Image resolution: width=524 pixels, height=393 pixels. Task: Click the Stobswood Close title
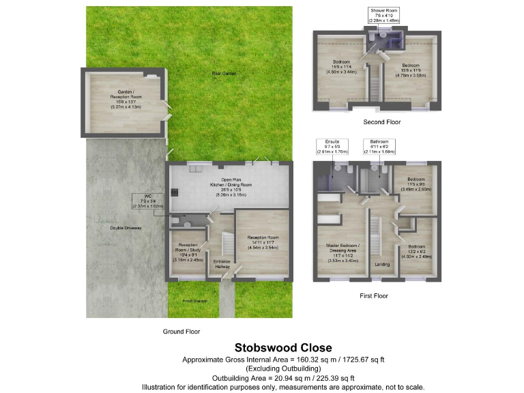[283, 347]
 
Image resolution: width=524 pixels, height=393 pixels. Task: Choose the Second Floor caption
[381, 122]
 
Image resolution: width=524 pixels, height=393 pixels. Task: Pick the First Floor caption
[374, 296]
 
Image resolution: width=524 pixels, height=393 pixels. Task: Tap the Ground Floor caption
[180, 331]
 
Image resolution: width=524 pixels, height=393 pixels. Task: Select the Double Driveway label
[125, 227]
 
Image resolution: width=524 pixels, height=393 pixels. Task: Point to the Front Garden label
[194, 300]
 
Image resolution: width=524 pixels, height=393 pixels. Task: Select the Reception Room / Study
[187, 251]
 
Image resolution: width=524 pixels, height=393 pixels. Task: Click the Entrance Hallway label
[222, 264]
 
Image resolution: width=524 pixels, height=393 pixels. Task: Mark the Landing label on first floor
[381, 264]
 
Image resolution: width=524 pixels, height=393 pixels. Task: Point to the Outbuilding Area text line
[283, 377]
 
